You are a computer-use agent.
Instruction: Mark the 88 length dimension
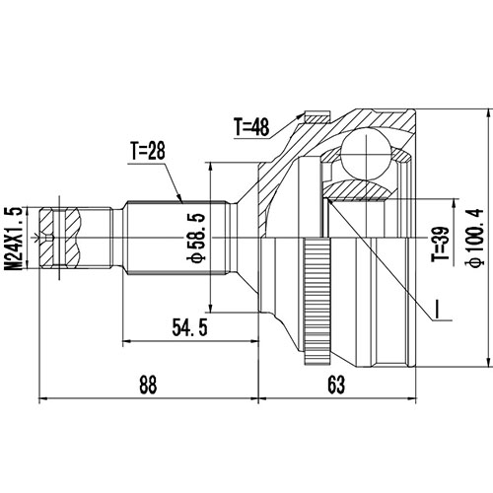click(x=148, y=387)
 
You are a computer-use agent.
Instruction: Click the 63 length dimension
click(x=337, y=387)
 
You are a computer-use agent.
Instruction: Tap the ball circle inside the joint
click(x=364, y=152)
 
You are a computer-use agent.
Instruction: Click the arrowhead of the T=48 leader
click(x=303, y=116)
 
